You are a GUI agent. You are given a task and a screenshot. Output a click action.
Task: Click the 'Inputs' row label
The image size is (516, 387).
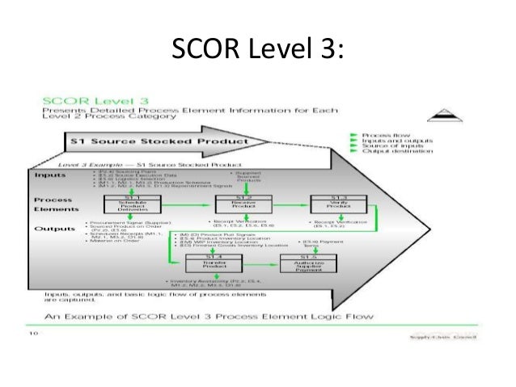51,174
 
